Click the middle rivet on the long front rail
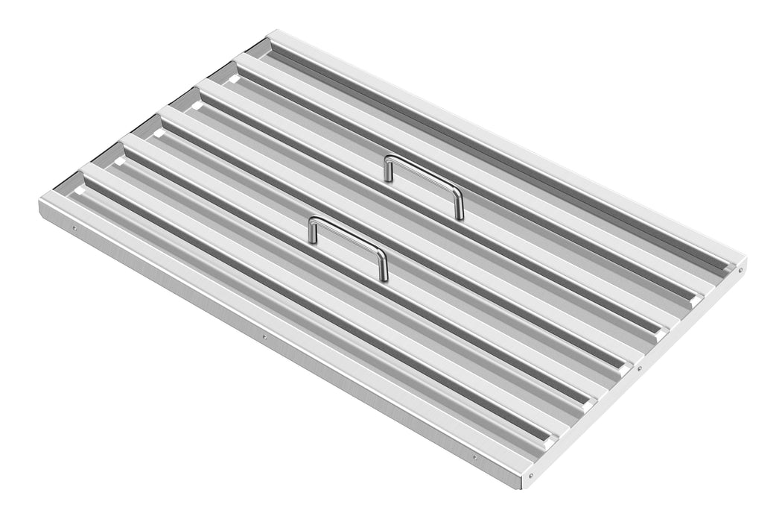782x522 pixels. (264, 337)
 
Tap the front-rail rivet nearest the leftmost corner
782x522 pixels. (73, 228)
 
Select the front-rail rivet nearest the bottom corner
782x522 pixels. (474, 457)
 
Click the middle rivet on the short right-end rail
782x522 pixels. (639, 368)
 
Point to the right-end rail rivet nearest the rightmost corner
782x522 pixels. (738, 271)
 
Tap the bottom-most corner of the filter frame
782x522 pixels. (522, 488)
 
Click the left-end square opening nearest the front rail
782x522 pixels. (78, 191)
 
